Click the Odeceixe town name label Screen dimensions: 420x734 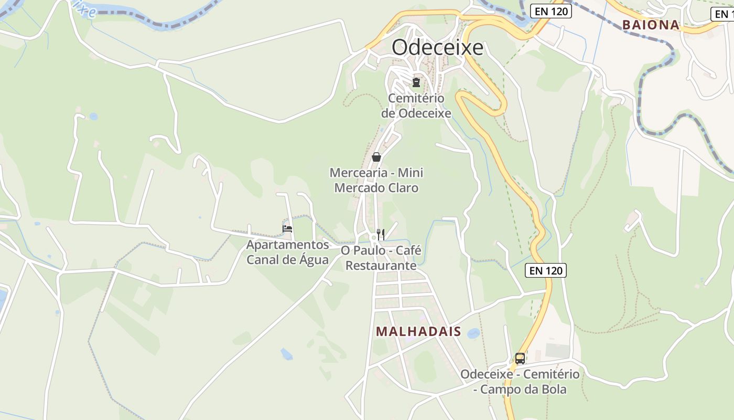click(x=437, y=47)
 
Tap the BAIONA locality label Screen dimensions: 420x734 click(x=650, y=25)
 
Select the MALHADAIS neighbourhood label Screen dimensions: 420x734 click(x=418, y=332)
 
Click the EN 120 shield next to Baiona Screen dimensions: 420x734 click(x=550, y=10)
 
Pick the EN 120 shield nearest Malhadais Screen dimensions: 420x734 click(x=546, y=270)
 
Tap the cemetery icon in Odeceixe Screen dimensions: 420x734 click(x=416, y=82)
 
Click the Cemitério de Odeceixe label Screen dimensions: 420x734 click(x=416, y=106)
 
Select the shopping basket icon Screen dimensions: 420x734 click(x=376, y=157)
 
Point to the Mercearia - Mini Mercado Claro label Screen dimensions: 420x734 click(x=376, y=180)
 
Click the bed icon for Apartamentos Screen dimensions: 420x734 click(x=287, y=228)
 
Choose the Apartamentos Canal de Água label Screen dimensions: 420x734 click(x=287, y=253)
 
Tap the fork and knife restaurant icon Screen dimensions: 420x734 click(x=381, y=234)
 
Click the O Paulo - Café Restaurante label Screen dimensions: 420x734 click(x=381, y=258)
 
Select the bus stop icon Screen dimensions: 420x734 click(x=520, y=359)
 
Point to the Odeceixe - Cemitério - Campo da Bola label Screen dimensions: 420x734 click(x=520, y=382)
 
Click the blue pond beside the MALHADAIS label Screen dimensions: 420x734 click(x=473, y=333)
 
